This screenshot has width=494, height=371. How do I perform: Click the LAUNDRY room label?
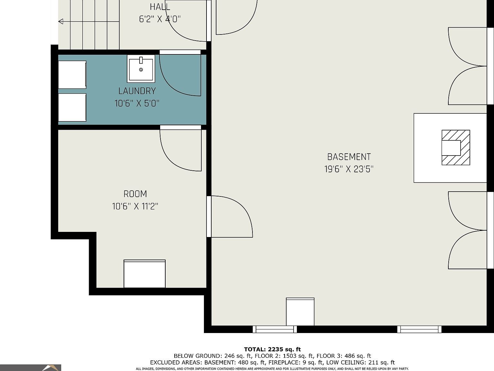[x=137, y=91]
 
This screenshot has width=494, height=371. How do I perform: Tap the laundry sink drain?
[x=141, y=70]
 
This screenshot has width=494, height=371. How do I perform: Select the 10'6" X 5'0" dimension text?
[x=137, y=103]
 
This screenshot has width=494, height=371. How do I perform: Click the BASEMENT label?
[x=349, y=157]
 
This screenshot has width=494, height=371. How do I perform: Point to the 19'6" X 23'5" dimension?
[x=349, y=169]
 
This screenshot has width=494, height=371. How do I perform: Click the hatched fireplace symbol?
[x=456, y=147]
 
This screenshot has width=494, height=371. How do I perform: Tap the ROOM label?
[x=135, y=194]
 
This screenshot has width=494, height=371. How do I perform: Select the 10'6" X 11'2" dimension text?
[x=135, y=206]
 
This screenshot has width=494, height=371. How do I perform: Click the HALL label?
[x=160, y=7]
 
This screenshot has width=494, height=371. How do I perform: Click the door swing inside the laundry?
[x=180, y=76]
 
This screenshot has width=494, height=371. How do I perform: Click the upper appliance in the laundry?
[x=72, y=74]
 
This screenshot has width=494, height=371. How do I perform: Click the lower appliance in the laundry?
[x=72, y=108]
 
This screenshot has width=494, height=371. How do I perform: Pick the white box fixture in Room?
[x=144, y=274]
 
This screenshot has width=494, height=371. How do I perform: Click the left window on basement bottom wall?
[x=275, y=329]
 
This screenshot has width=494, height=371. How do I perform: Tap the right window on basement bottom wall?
[x=419, y=329]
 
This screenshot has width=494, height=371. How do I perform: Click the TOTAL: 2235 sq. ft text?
[x=272, y=349]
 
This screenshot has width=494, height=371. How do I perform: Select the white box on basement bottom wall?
[x=300, y=312]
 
